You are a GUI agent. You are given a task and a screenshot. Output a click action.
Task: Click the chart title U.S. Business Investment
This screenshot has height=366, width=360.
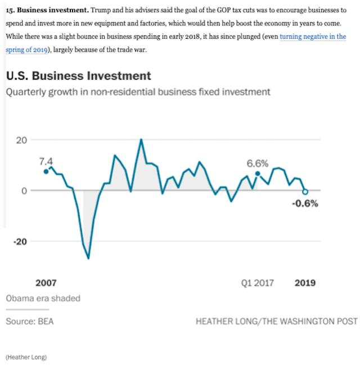pos(78,75)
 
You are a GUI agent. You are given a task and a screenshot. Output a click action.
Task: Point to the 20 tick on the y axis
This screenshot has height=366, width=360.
pos(21,140)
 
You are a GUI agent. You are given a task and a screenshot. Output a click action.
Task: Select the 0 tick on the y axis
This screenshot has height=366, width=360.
pos(24,191)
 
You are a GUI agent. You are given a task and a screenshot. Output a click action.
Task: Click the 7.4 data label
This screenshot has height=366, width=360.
pos(46,161)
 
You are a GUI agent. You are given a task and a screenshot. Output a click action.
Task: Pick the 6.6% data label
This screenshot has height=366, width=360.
pos(258,163)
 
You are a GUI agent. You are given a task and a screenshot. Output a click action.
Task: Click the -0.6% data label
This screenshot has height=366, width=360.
pos(305,204)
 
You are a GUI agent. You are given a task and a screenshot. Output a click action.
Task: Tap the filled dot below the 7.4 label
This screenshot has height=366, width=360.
pos(46,171)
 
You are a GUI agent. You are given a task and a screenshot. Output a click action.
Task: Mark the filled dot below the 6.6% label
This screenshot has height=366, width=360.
pos(258,174)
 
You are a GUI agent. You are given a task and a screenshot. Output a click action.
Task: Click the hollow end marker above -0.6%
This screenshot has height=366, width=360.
pos(305,192)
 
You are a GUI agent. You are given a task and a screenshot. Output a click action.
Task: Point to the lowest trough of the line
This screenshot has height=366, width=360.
pos(88,258)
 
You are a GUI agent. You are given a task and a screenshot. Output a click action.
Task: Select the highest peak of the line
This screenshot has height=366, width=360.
pos(141,139)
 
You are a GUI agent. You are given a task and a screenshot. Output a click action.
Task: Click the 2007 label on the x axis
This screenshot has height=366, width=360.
pos(46,283)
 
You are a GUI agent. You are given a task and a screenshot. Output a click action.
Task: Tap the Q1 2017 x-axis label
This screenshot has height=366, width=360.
pos(257,283)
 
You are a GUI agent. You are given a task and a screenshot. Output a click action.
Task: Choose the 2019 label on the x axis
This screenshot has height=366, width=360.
pos(305,283)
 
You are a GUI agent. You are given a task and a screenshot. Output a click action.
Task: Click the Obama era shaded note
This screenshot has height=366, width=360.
pos(43,298)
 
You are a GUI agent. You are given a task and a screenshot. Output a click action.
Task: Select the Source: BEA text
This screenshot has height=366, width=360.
pos(30,321)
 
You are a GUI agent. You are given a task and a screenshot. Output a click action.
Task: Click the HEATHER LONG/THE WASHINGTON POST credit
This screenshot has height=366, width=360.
pos(276,321)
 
